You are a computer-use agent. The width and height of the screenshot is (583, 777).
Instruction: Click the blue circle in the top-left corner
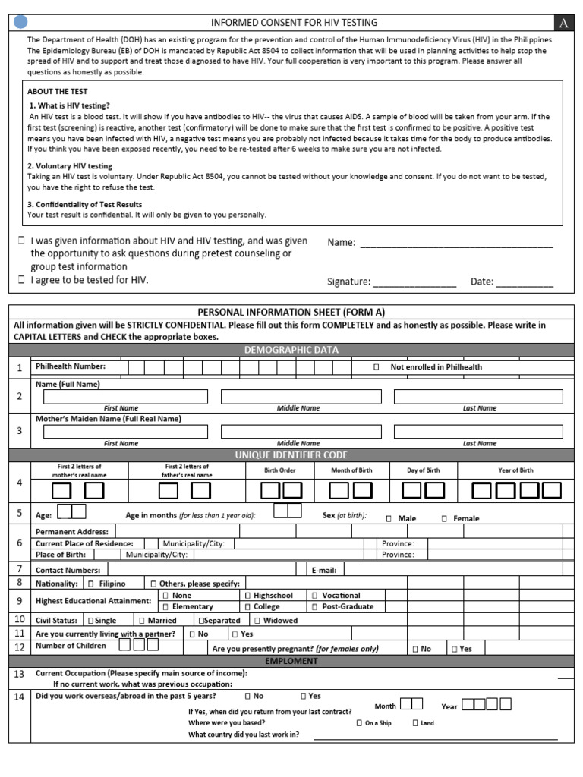coord(21,22)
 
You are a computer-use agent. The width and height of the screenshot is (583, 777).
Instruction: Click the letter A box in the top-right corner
coord(564,23)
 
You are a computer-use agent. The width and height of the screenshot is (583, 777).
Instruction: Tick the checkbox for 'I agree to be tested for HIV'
coord(21,280)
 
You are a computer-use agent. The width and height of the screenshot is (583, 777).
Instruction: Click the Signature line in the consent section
coord(414,282)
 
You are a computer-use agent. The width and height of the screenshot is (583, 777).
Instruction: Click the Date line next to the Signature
coord(525,282)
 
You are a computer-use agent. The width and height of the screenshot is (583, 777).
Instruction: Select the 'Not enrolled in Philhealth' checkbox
coord(377,367)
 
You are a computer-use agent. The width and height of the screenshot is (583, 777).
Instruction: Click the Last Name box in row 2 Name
coord(479,397)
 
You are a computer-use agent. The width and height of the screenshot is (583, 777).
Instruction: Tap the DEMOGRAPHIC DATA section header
coord(291,350)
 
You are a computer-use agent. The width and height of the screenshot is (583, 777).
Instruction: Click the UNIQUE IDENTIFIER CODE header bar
coord(291,455)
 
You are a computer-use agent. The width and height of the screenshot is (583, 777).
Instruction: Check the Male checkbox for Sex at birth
coord(389,519)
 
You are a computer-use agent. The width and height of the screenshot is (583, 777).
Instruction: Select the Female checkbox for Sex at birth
coord(444,519)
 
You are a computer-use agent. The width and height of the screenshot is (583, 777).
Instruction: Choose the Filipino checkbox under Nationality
coord(91,584)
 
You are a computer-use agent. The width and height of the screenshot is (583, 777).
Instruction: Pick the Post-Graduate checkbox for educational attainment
coord(314,607)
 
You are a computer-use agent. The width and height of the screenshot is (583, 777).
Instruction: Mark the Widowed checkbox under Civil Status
coord(257,621)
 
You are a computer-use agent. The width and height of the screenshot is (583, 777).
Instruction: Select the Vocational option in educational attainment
coord(314,596)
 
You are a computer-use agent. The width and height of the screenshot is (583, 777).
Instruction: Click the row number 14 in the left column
coord(19,697)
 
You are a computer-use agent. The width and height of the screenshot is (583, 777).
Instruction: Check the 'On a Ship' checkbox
coord(359,723)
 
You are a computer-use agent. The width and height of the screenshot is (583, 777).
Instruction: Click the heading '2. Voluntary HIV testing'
coord(69,165)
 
